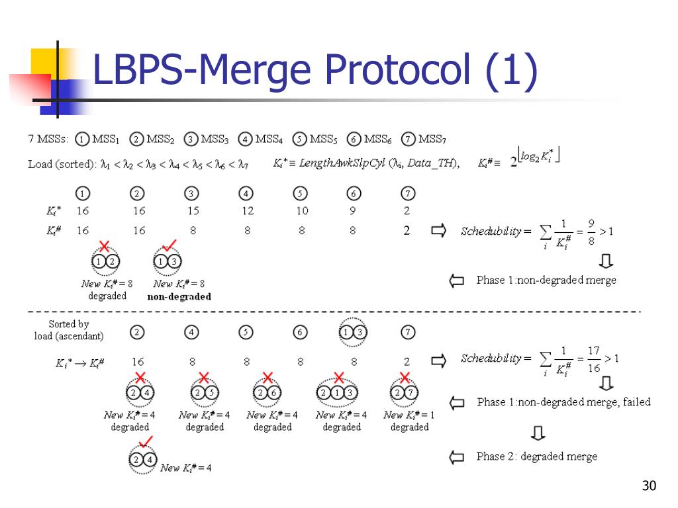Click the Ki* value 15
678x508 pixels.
tap(192, 211)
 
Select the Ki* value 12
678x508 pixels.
tap(247, 211)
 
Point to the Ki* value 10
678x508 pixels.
tap(302, 211)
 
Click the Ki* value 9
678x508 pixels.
tap(353, 211)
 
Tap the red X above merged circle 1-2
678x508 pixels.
tap(104, 246)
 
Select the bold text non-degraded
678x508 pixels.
tap(179, 296)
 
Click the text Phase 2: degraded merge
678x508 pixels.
tap(536, 456)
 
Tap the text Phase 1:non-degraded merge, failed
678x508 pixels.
tap(563, 402)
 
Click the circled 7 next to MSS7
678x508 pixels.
tap(408, 139)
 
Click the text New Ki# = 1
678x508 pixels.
tap(409, 415)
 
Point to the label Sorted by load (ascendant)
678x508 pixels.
tap(69, 330)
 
